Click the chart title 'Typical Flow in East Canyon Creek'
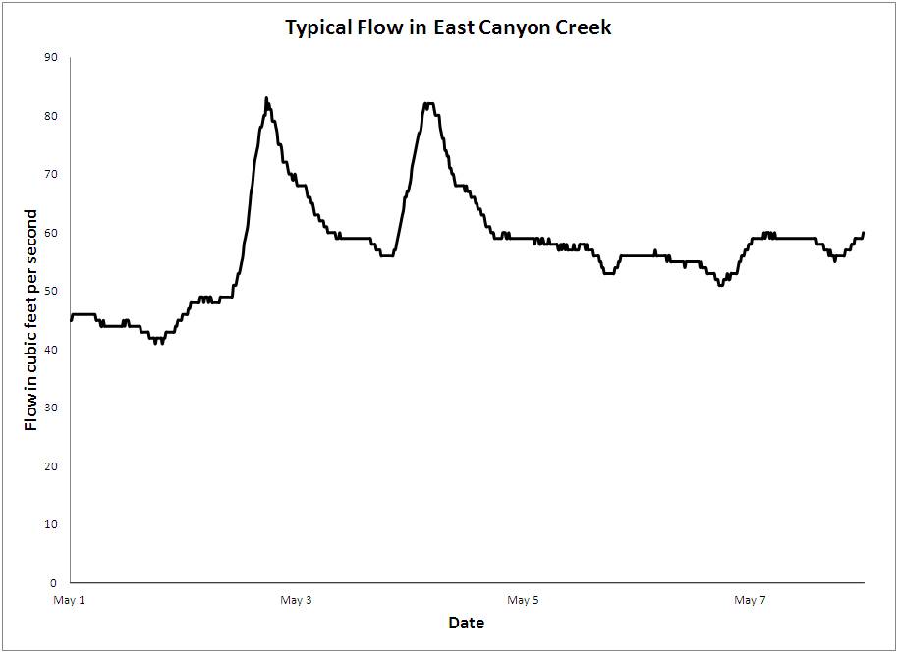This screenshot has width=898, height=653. tap(448, 27)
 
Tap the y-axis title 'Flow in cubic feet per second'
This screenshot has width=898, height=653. tap(31, 320)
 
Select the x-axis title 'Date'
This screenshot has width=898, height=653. tap(466, 623)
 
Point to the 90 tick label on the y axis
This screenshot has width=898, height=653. tap(51, 58)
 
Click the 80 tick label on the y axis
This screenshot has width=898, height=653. tap(51, 116)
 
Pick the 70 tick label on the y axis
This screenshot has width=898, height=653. tap(51, 174)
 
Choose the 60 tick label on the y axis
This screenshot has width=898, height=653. tap(51, 233)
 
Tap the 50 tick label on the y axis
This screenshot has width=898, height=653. tap(51, 291)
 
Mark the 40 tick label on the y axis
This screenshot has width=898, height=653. tap(51, 350)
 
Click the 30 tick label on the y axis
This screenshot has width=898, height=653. tap(51, 408)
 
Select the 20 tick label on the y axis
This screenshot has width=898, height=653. tap(51, 465)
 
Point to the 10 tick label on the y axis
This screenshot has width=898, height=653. tap(51, 524)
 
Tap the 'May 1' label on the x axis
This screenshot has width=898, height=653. tap(70, 600)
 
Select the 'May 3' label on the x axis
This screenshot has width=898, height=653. tap(296, 600)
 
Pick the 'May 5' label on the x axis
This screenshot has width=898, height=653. tap(522, 600)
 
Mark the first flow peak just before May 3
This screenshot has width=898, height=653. tap(266, 99)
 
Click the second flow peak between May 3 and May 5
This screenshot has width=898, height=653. tap(428, 103)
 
